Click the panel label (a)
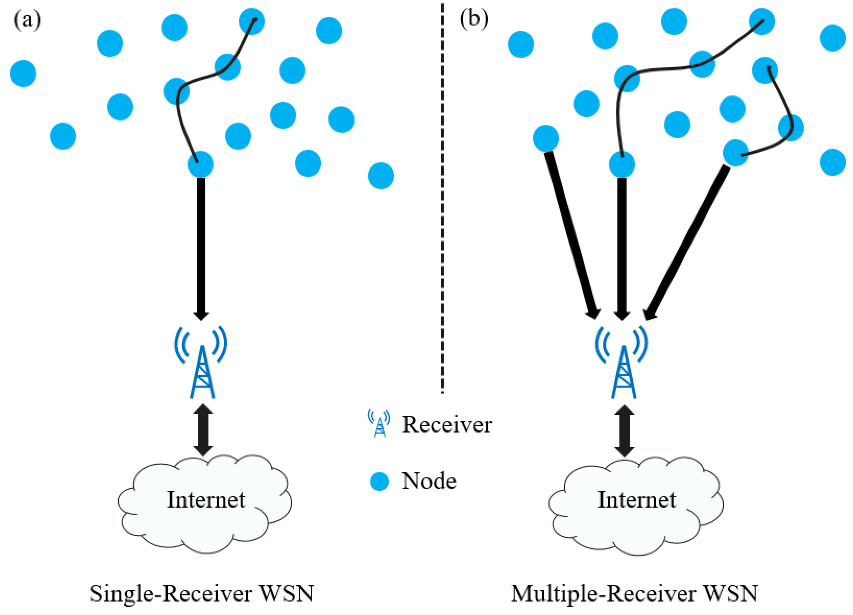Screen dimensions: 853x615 27,20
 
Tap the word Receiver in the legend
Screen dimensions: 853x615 447,425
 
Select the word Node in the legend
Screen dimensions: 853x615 429,481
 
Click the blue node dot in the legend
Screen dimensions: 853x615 379,481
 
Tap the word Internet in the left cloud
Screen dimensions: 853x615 206,500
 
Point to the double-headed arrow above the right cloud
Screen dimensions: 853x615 624,431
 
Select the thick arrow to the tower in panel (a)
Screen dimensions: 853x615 201,249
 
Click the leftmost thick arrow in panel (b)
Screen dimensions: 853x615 572,235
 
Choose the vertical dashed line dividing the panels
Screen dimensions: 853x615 442,198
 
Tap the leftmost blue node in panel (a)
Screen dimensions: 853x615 23,73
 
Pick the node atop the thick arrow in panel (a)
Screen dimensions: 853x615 201,164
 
